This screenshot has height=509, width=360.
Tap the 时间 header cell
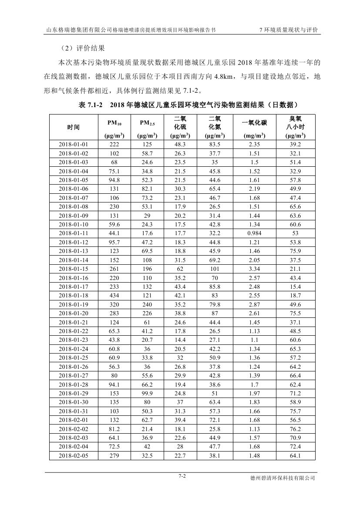74,127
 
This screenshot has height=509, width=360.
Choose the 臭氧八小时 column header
295,122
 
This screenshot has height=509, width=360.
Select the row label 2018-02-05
74,456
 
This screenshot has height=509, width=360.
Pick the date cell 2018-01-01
74,144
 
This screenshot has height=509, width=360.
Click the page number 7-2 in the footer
182,476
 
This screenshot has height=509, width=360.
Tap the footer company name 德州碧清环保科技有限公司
282,478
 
